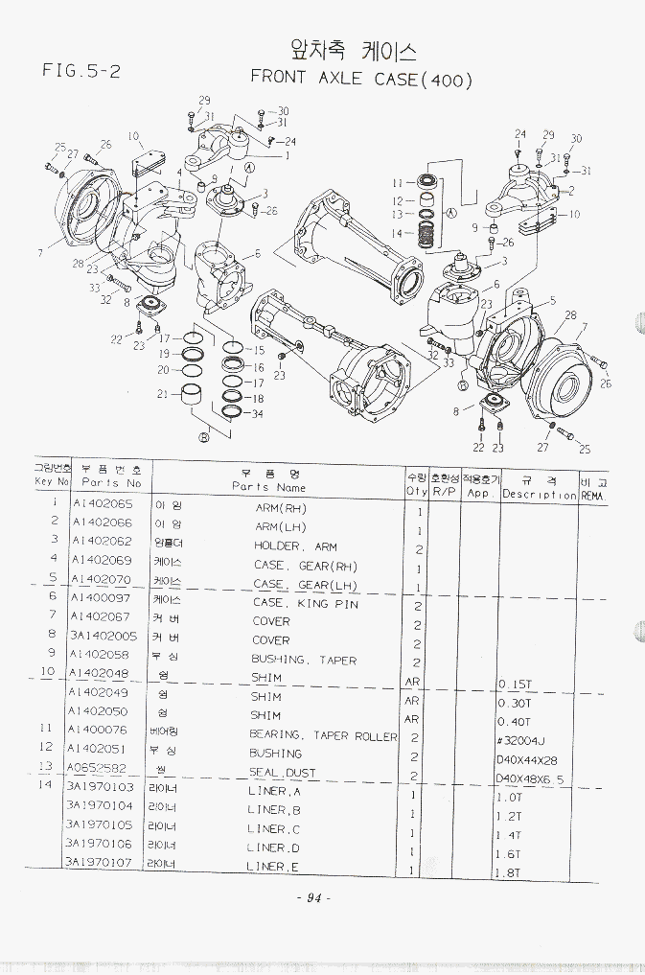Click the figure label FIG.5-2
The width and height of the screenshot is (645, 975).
tap(81, 70)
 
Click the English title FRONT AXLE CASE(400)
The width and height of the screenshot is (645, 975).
tap(361, 79)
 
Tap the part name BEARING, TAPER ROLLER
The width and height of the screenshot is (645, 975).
tap(323, 735)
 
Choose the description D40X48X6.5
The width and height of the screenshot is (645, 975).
tap(530, 778)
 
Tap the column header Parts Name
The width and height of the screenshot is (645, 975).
tap(268, 487)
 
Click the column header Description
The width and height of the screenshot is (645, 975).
tap(539, 495)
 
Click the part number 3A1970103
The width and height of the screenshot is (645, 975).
tap(100, 786)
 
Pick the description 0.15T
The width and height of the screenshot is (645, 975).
tap(518, 685)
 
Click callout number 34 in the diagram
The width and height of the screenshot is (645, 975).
tap(257, 414)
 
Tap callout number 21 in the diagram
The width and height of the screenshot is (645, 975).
tap(162, 393)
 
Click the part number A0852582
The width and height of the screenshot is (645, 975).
tap(97, 767)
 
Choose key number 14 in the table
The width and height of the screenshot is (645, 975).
tap(44, 785)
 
